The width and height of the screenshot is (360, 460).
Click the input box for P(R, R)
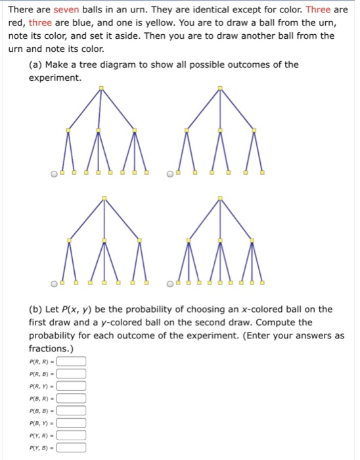(71, 361)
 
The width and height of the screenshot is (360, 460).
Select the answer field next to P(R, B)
(71, 373)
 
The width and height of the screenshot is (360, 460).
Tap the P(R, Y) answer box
(71, 386)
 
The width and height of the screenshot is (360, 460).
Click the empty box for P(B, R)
(71, 398)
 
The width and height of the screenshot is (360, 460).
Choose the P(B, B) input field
(71, 411)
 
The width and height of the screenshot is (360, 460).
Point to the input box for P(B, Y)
(71, 423)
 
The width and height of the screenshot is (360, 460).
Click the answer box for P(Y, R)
(71, 435)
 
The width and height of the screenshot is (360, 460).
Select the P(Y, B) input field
(71, 448)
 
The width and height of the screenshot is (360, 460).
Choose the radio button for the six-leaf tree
(170, 174)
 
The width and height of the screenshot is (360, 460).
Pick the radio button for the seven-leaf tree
(55, 284)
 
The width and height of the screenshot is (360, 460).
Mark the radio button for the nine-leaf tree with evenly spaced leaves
(170, 284)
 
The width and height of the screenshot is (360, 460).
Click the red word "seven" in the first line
(66, 10)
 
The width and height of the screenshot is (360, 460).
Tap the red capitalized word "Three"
(318, 10)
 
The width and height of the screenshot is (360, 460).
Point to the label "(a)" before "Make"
(35, 65)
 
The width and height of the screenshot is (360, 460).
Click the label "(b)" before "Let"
(35, 310)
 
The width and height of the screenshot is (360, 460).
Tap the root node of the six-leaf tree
(220, 88)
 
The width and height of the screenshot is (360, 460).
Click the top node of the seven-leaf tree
(104, 198)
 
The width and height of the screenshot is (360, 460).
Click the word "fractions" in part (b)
(49, 348)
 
